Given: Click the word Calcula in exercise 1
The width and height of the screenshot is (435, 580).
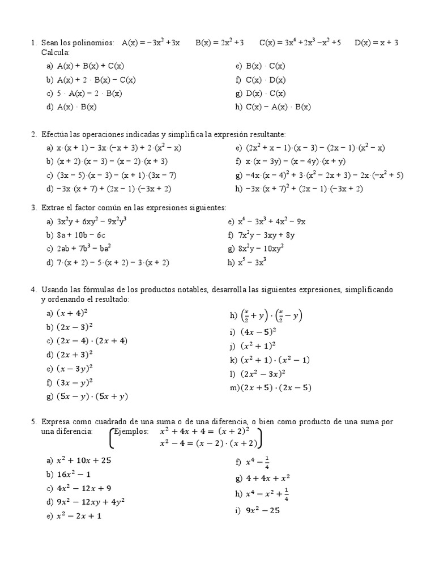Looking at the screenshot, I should click(x=54, y=52).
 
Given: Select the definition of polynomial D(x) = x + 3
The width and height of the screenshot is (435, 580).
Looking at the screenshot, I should click(x=377, y=42).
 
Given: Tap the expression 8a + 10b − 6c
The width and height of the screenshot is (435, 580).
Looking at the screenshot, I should click(x=81, y=235).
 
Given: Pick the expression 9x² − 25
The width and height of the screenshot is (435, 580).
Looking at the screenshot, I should click(x=263, y=510).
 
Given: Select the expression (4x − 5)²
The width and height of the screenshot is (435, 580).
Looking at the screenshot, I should click(x=261, y=332).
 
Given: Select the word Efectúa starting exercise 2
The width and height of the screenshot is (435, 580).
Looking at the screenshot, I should click(x=55, y=134).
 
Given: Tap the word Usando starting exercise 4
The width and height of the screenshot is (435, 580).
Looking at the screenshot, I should click(x=54, y=290).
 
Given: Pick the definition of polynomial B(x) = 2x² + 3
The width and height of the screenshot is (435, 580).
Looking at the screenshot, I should click(x=220, y=42).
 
